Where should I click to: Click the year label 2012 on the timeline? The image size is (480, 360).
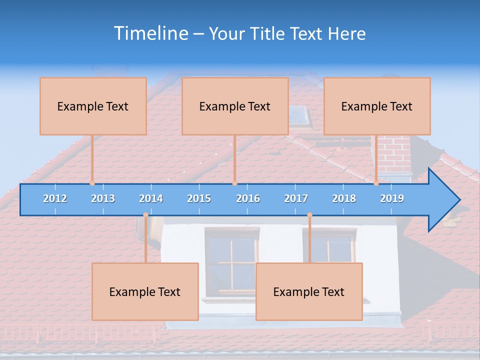55,198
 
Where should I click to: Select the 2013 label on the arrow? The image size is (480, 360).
103,198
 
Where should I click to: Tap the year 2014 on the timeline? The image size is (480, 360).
151,198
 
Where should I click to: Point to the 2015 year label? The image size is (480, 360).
199,198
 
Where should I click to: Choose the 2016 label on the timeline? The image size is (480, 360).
248,198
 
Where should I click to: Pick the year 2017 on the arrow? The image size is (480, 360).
296,198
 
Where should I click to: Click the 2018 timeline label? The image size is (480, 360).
344,198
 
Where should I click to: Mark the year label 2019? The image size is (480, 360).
392,198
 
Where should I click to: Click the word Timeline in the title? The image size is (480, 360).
150,33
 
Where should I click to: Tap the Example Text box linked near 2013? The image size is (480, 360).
93,106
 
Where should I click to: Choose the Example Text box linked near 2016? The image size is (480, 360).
235,106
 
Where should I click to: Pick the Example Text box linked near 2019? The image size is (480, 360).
377,106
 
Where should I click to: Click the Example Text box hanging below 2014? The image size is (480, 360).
145,291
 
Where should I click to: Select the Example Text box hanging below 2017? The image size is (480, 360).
309,291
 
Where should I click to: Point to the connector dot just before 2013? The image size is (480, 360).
92,183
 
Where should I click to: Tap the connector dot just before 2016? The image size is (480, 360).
234,183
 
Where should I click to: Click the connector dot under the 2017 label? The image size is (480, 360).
309,215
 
